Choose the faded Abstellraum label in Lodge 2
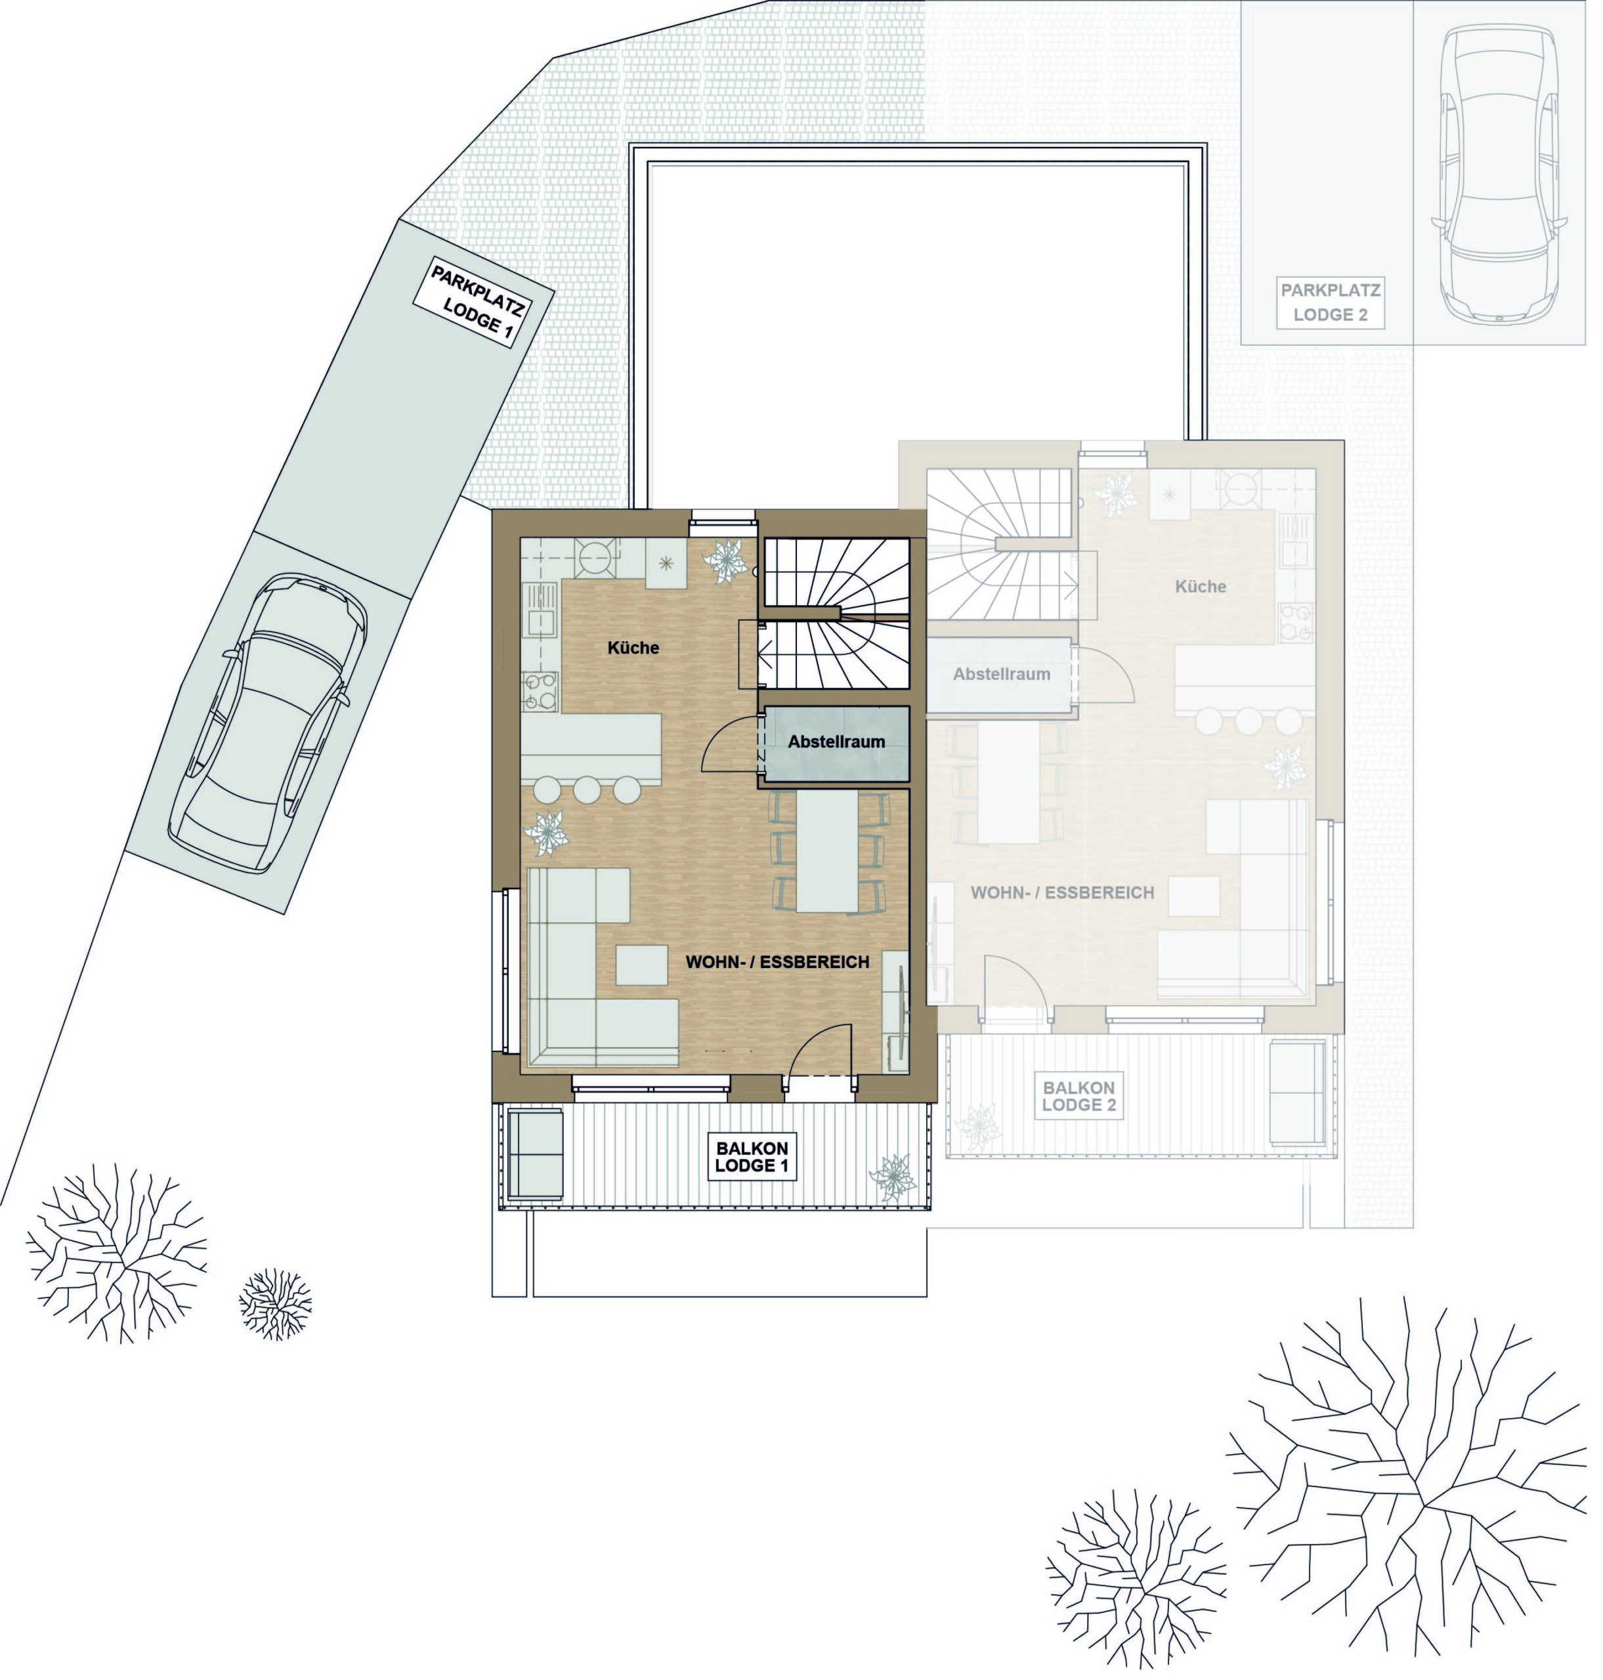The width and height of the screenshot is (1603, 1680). [x=1002, y=674]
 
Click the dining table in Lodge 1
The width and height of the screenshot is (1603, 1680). [x=827, y=850]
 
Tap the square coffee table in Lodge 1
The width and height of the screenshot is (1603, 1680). [x=642, y=965]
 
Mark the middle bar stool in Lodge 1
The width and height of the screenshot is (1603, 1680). [x=587, y=790]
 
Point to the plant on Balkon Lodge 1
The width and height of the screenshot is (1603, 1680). [x=893, y=1179]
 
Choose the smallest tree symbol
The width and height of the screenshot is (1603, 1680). [x=275, y=1303]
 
